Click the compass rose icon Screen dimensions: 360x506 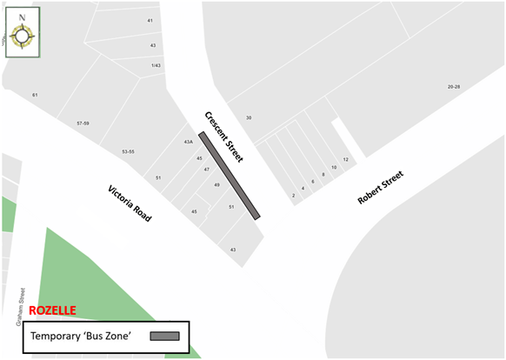pos(23,33)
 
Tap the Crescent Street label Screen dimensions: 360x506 pos(224,137)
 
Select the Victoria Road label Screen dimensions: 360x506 pos(130,203)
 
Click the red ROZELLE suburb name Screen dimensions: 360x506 pos(52,310)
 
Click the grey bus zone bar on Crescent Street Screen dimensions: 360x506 pos(230,176)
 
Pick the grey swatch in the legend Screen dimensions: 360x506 pos(164,336)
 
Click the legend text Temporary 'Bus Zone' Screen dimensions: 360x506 pos(81,336)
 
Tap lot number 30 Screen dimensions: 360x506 pos(249,117)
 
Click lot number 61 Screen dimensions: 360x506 pos(35,94)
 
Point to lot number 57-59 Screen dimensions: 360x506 pos(83,123)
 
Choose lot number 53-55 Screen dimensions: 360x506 pos(127,151)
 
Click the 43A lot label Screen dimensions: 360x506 pos(188,142)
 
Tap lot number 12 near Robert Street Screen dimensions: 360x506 pos(345,160)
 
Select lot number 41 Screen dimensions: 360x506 pos(150,20)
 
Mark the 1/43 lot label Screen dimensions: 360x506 pos(156,65)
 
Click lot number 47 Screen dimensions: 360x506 pos(207,170)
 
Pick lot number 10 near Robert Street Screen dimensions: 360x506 pos(333,167)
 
